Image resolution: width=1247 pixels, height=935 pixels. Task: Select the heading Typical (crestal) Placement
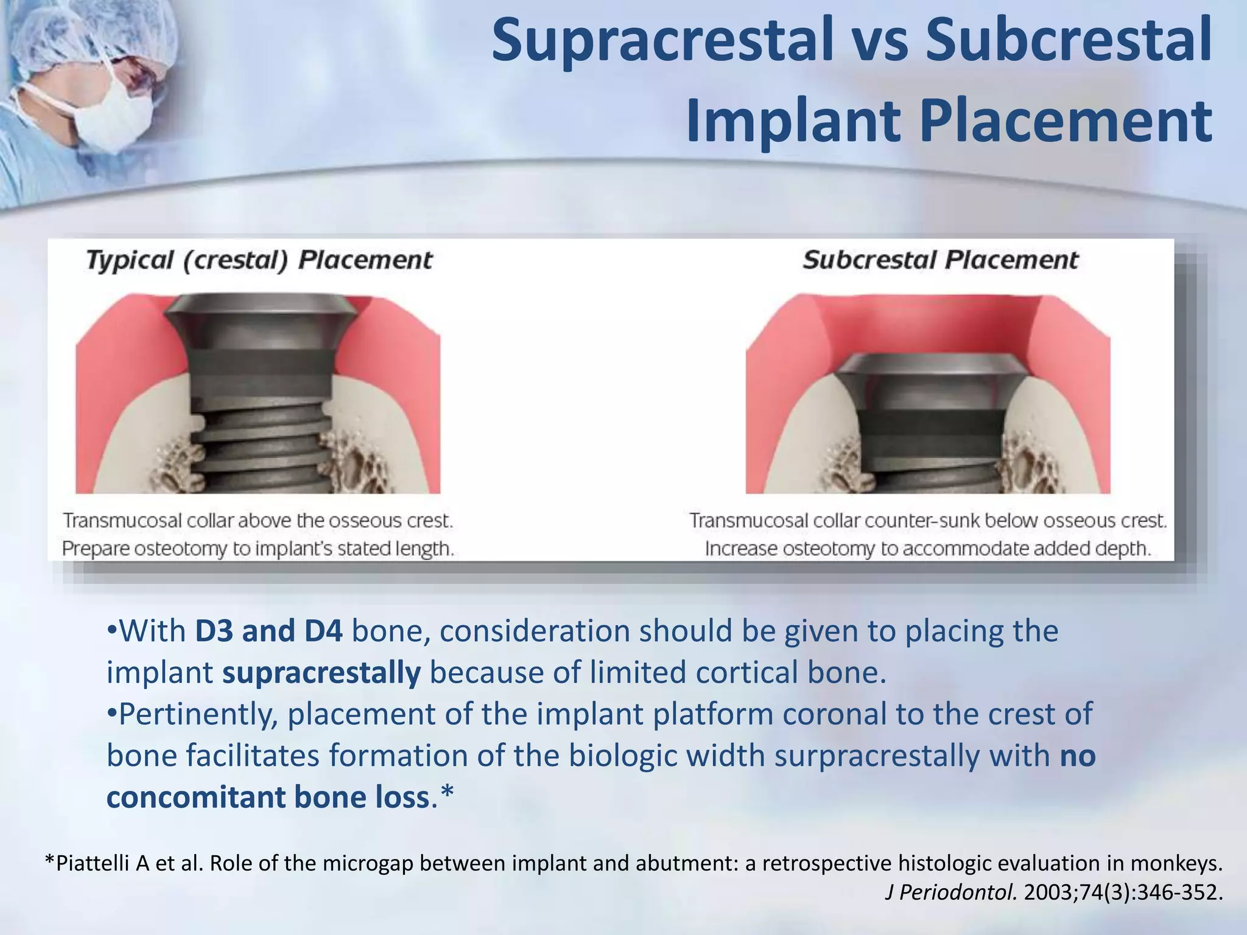(259, 261)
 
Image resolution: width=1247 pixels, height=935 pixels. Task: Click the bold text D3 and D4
(269, 631)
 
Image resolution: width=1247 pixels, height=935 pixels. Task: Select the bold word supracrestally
(321, 673)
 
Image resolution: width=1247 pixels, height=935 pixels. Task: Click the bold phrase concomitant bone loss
(269, 797)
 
